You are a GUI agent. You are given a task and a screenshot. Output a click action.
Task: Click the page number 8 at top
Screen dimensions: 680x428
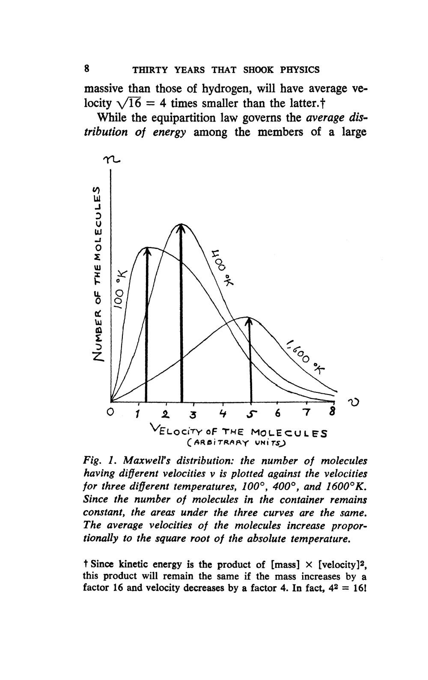[x=87, y=68]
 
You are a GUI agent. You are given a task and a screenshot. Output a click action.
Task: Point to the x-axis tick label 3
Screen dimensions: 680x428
[x=194, y=415]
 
